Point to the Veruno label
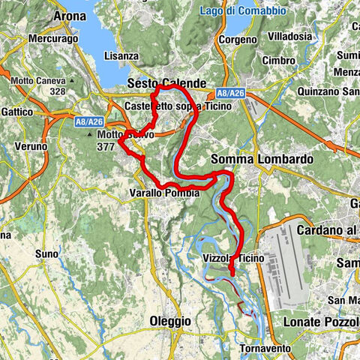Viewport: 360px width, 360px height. pos(30,146)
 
